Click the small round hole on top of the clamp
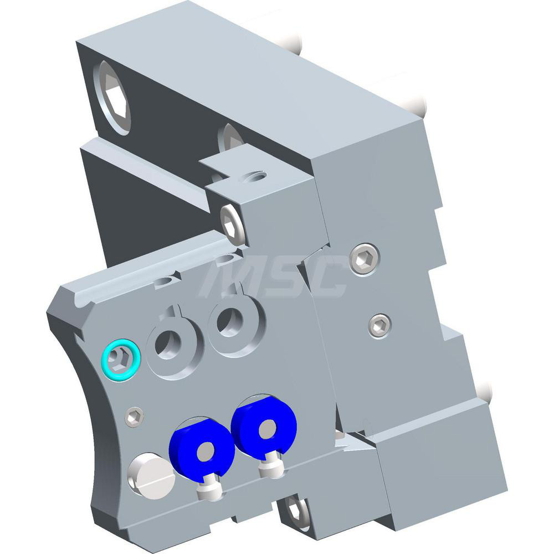click(256, 177)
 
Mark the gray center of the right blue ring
click(268, 427)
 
